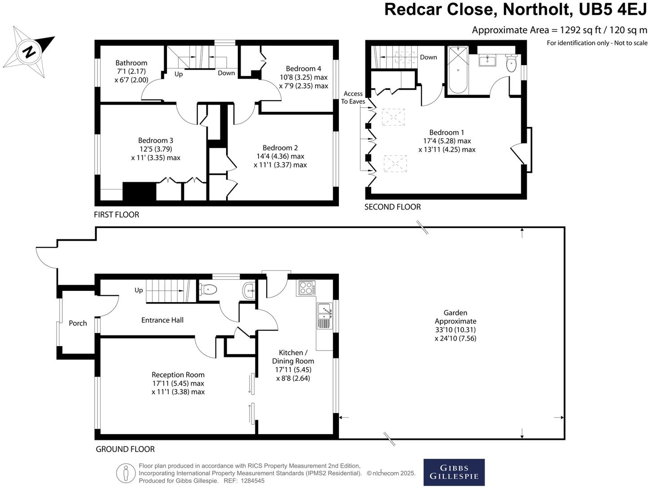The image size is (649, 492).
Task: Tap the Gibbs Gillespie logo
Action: pyautogui.click(x=454, y=472)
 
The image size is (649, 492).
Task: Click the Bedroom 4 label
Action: pyautogui.click(x=303, y=69)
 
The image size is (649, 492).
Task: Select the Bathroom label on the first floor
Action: pyautogui.click(x=131, y=63)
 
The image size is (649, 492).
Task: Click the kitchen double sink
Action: pyautogui.click(x=324, y=313)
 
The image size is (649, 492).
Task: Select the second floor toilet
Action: pyautogui.click(x=511, y=64)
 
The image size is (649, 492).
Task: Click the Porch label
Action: pyautogui.click(x=78, y=323)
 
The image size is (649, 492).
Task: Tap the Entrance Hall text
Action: pyautogui.click(x=162, y=320)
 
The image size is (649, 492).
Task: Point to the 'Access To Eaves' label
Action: pyautogui.click(x=353, y=97)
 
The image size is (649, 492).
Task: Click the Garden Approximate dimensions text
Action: pyautogui.click(x=455, y=325)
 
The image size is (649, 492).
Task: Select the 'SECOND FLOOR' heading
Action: pyautogui.click(x=392, y=207)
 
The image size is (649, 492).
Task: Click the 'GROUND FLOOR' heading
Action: pyautogui.click(x=125, y=449)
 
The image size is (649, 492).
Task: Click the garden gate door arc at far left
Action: pyautogui.click(x=45, y=257)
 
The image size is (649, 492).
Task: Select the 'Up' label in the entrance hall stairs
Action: pyautogui.click(x=139, y=290)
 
